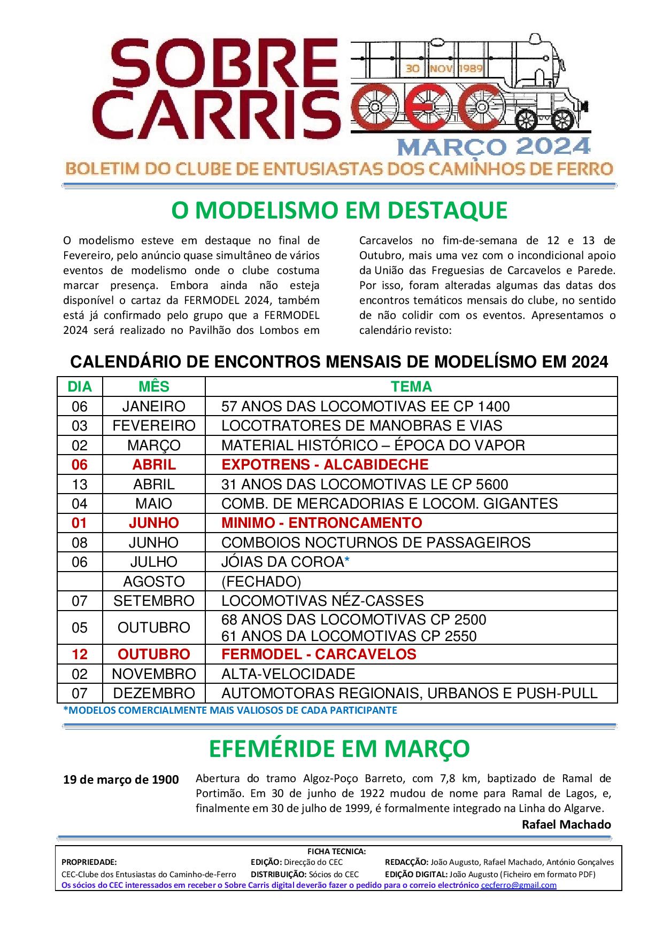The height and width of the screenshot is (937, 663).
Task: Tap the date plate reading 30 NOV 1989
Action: [444, 68]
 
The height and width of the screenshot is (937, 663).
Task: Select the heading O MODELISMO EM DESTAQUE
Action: [339, 210]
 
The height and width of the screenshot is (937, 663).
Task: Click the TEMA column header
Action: [411, 387]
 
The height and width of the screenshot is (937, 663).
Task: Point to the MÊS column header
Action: [154, 387]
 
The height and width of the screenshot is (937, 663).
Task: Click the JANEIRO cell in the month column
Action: [154, 407]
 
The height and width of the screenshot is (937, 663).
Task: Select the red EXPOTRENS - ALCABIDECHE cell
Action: [325, 465]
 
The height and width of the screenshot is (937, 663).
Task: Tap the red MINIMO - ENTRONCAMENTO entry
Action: [322, 523]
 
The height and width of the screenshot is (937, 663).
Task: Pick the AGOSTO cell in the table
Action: [154, 581]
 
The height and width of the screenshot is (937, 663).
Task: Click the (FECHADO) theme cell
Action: [261, 581]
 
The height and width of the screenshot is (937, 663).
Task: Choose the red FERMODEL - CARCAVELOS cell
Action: [319, 654]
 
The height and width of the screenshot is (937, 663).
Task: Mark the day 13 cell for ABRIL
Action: [80, 485]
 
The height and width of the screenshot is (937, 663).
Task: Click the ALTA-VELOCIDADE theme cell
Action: [288, 674]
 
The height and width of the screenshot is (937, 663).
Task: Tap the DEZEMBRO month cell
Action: [154, 693]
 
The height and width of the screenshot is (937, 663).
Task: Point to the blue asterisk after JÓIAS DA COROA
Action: [347, 561]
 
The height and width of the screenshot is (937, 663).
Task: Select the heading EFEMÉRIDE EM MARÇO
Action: [339, 749]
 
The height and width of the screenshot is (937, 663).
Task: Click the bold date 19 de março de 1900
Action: [121, 780]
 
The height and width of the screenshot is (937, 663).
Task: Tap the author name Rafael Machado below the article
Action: [566, 824]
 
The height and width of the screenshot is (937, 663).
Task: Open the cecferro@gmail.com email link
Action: [519, 885]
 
